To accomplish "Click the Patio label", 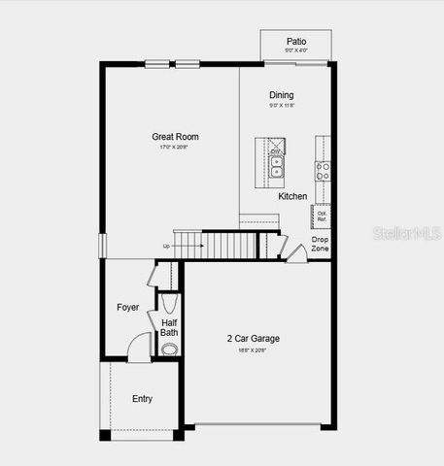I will pyautogui.click(x=295, y=42).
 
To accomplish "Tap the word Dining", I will pyautogui.click(x=281, y=95).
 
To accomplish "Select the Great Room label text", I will pyautogui.click(x=175, y=137).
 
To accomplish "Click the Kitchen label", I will pyautogui.click(x=292, y=196).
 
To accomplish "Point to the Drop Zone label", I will pyautogui.click(x=320, y=244).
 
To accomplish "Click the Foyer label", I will pyautogui.click(x=127, y=308).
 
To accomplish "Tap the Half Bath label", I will pyautogui.click(x=169, y=327).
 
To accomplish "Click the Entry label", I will pyautogui.click(x=142, y=399).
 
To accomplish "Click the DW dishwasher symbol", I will pyautogui.click(x=276, y=151).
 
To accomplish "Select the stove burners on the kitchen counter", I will pyautogui.click(x=324, y=170).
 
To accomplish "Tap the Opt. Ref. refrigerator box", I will pyautogui.click(x=322, y=216).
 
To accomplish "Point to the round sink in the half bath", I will pyautogui.click(x=169, y=349).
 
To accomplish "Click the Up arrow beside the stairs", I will pyautogui.click(x=167, y=247).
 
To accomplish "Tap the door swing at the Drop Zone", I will pyautogui.click(x=294, y=253).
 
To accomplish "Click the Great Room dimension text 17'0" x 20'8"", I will pyautogui.click(x=175, y=148).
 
